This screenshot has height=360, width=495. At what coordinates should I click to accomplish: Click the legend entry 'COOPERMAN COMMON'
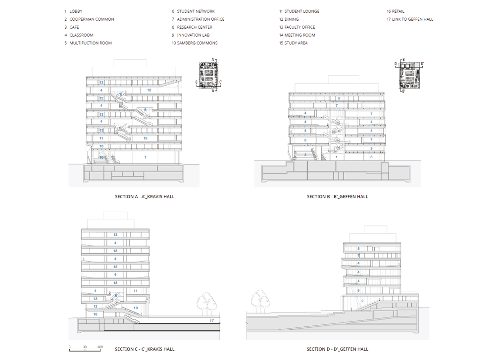[x=92, y=19]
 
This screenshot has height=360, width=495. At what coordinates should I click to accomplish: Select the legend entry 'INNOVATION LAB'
[x=193, y=35]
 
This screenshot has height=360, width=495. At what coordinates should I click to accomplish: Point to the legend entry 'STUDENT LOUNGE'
[x=301, y=11]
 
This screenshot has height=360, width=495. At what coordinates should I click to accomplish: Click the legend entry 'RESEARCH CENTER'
[x=196, y=27]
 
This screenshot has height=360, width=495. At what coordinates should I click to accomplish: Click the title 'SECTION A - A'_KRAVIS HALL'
[x=145, y=197]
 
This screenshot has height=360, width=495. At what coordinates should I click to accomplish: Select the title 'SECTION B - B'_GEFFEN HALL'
[x=337, y=197]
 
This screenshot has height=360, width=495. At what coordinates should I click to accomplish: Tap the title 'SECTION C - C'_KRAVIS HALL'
[x=145, y=349]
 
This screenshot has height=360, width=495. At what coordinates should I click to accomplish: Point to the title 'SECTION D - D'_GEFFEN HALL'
[x=337, y=349]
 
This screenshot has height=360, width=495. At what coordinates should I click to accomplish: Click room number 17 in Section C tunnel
[x=211, y=321]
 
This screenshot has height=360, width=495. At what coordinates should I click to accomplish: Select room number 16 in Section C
[x=95, y=315]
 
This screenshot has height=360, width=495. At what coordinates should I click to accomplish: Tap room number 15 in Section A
[x=145, y=138]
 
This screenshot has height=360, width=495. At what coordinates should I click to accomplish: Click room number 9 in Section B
[x=371, y=148]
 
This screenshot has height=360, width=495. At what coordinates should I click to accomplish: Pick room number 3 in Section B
[x=371, y=157]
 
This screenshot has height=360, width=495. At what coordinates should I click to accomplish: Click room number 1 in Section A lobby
[x=145, y=157]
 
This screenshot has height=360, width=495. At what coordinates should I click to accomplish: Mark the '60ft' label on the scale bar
[x=100, y=347]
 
